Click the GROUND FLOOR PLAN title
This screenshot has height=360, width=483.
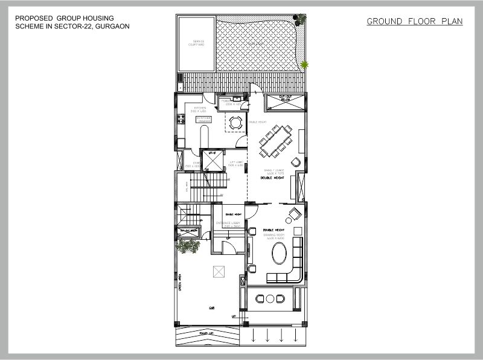[x=414, y=22]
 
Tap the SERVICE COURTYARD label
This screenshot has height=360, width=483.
[x=195, y=43]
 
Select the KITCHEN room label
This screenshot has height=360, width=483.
[x=200, y=109]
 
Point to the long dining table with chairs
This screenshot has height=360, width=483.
[x=275, y=140]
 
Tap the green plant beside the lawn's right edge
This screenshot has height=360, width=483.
[x=304, y=63]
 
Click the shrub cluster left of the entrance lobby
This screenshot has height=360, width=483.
[x=187, y=245]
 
